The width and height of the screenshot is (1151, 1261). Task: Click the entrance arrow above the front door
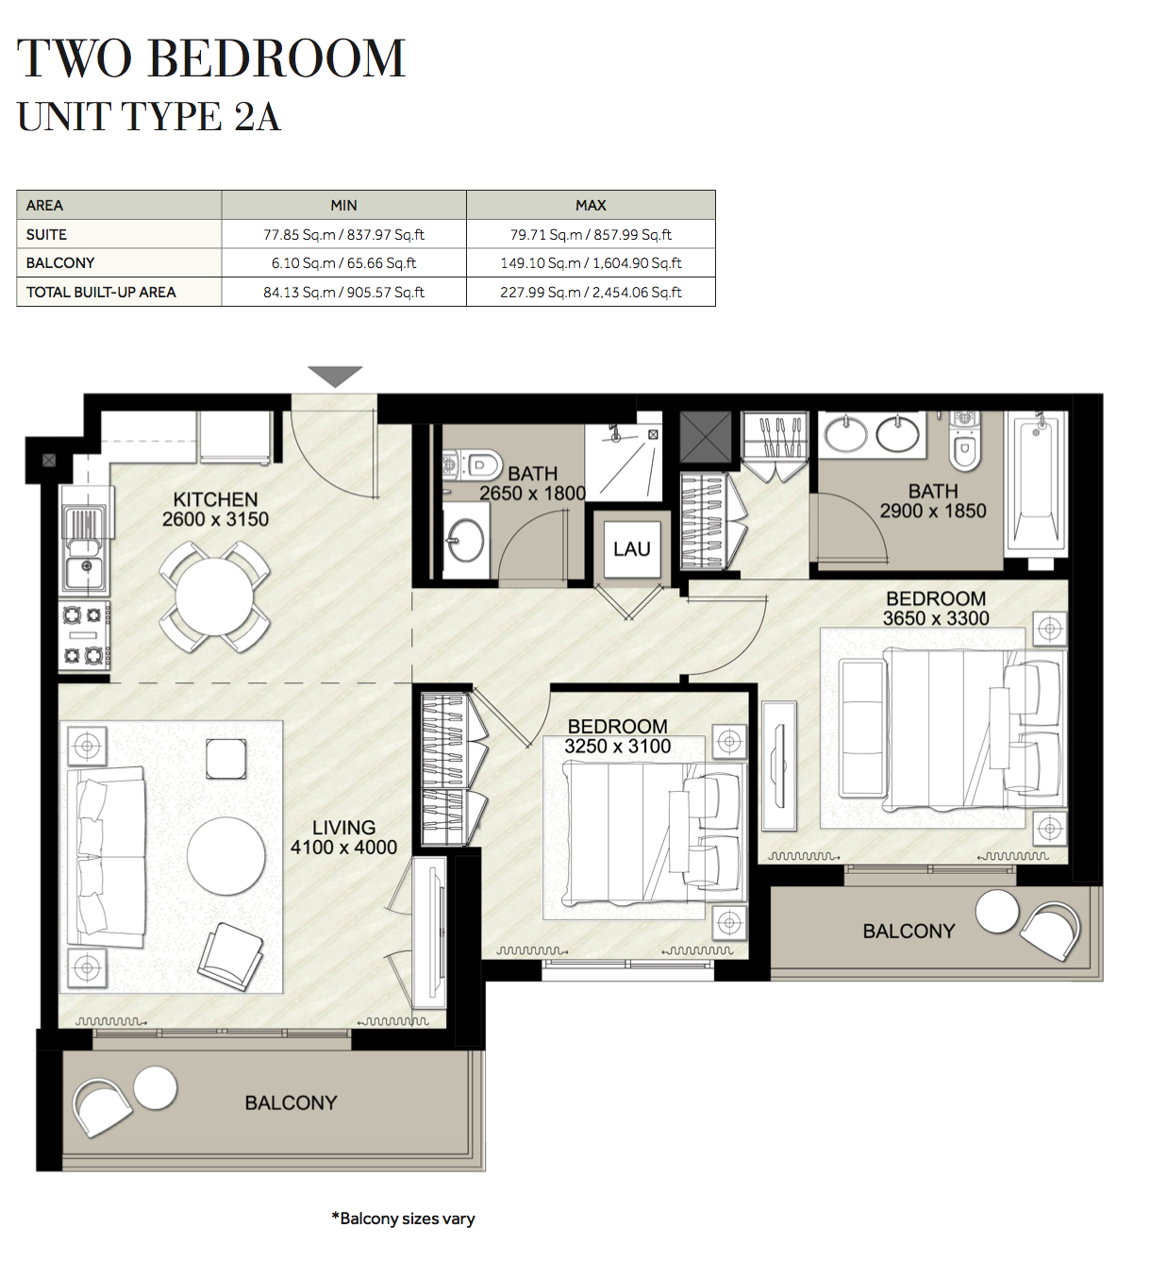coord(335,376)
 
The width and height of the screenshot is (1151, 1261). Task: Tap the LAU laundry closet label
coord(631,549)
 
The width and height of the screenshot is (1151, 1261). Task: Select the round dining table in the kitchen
coord(214,597)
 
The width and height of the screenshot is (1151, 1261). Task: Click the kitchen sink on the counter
coord(85,569)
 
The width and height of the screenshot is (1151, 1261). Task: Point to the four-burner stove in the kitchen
coord(83,635)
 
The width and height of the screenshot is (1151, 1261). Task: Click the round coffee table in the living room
coord(226,855)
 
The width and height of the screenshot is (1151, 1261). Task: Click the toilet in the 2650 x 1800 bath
coord(476,465)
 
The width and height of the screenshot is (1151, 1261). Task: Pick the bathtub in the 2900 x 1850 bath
coord(1036,481)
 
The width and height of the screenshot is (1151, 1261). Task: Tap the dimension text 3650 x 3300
coord(936,618)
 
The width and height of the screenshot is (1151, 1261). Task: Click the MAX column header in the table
coord(591,205)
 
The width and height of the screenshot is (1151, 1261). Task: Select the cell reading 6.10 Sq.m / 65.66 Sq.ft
coord(343,263)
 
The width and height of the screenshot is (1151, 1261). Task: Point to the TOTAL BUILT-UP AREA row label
coord(101,293)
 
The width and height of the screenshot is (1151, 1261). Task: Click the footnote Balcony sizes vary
coord(404,1219)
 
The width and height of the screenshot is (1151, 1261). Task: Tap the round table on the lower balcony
coord(156,1087)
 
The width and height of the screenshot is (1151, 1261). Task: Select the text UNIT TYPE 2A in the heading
coord(149,117)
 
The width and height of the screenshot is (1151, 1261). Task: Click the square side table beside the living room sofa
coord(226,759)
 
